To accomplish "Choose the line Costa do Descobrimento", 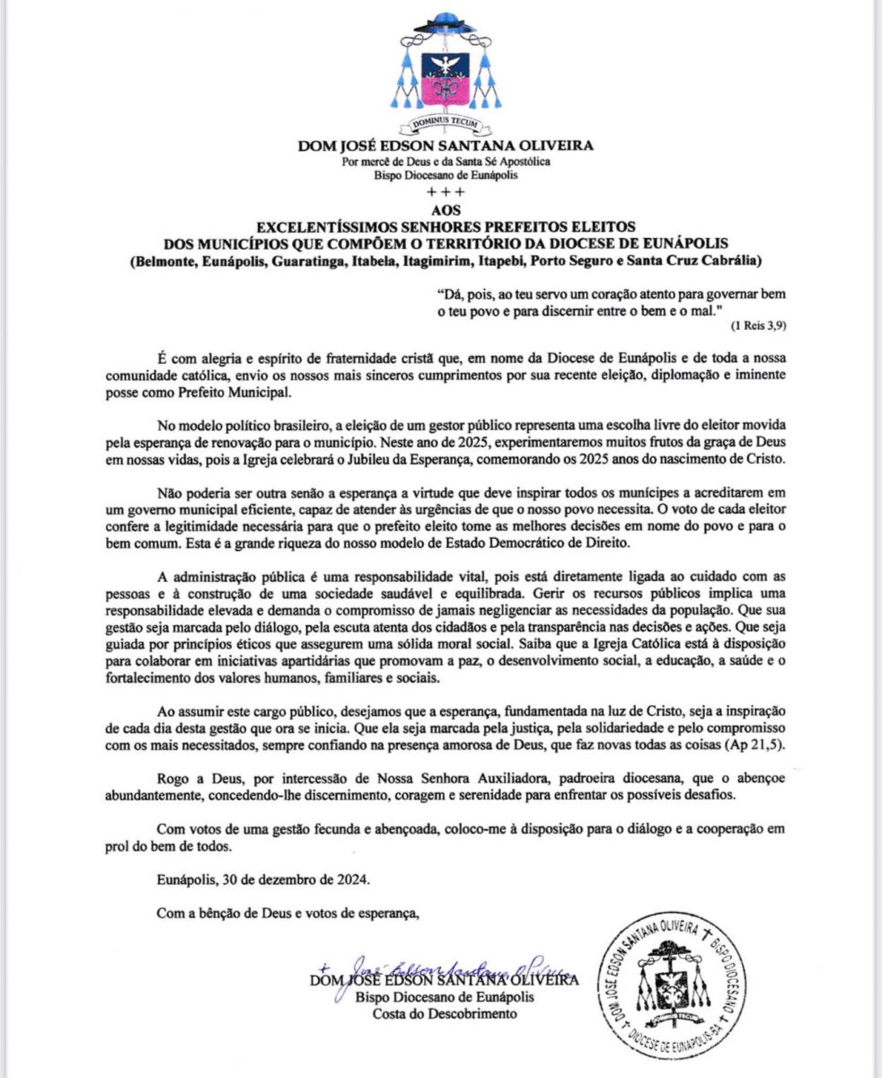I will [445, 1014].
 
